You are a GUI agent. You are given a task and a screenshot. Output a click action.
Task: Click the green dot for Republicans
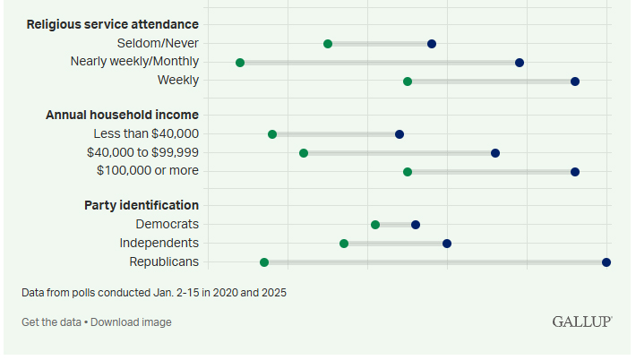pos(264,262)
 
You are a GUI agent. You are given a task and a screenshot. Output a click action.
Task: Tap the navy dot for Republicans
pos(606,262)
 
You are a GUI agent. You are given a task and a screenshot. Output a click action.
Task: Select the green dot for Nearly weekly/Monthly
pos(240,63)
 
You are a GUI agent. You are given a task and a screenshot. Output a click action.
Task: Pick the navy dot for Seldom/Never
pos(432,44)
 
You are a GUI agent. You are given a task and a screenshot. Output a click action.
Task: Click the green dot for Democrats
pos(375,225)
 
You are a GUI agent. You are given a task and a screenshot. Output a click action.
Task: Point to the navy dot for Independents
pos(447,244)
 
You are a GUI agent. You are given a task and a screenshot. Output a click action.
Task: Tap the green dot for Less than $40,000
pos(272,134)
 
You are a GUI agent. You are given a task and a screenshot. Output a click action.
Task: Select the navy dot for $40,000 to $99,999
pos(495,153)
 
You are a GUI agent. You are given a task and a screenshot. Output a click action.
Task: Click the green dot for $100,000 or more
pos(408,172)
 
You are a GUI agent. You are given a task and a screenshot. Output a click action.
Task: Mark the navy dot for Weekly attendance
pos(575,81)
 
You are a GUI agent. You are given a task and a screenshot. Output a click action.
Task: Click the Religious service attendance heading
pos(113,24)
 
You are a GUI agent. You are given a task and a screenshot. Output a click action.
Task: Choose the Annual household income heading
pos(122,115)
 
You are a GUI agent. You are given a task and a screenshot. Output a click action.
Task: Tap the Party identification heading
pos(142,205)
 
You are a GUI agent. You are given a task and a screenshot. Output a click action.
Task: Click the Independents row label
pos(159,243)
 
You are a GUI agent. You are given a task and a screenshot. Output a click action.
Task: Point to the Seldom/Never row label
pos(158,43)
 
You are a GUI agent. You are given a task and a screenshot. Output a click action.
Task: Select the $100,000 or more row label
pos(148,170)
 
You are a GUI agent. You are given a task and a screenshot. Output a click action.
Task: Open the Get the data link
pos(51,322)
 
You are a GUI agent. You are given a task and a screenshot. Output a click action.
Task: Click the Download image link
pos(131,322)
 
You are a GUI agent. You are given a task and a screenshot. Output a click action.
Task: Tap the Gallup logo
pos(582,321)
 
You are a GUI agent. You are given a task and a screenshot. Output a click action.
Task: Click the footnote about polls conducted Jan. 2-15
pos(154,293)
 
